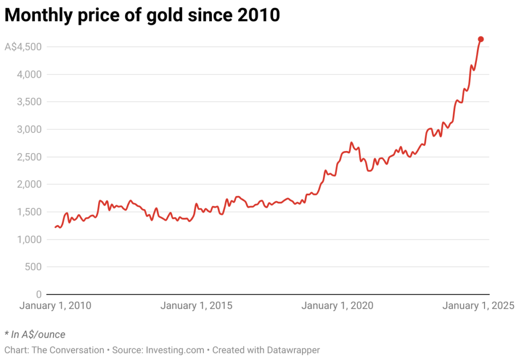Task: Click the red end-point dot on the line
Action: click(x=480, y=39)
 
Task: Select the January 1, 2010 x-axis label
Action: click(x=55, y=306)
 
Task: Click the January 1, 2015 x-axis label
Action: click(x=196, y=306)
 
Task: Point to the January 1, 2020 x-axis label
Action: click(x=337, y=306)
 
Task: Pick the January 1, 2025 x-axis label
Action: click(x=478, y=306)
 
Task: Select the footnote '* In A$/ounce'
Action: click(x=35, y=334)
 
